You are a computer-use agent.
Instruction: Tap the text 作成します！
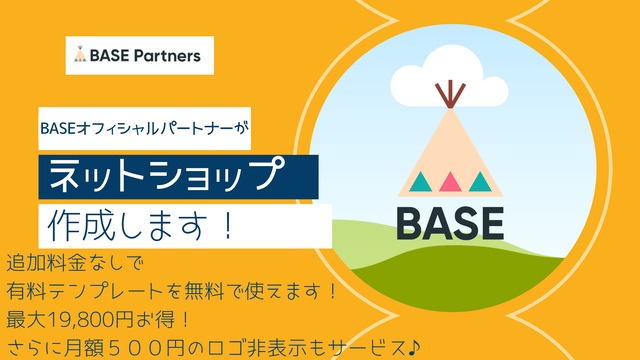[x=142, y=223]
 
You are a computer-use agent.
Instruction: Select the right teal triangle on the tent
[x=481, y=182]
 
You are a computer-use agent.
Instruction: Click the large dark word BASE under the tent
[x=450, y=223]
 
